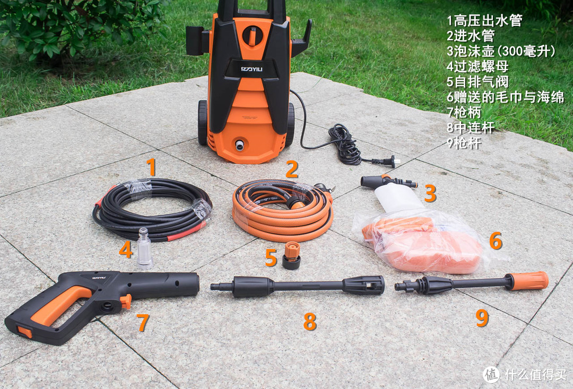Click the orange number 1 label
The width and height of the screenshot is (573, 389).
click(x=151, y=167)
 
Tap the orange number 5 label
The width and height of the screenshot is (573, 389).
click(x=271, y=257)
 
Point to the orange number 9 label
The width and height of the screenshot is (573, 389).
click(x=482, y=317)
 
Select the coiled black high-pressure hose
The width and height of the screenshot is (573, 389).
click(x=152, y=209)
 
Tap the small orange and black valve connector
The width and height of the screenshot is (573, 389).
click(x=292, y=255)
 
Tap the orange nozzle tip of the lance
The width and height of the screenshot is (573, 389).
click(x=529, y=280)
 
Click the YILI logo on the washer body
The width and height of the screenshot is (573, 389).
click(x=252, y=68)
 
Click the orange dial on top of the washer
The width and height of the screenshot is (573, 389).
click(x=251, y=36)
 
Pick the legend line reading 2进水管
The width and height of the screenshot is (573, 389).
click(x=471, y=36)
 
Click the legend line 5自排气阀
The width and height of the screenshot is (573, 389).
click(x=477, y=82)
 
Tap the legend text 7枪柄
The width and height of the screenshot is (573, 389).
click(x=464, y=112)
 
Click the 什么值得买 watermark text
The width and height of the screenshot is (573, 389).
click(x=536, y=374)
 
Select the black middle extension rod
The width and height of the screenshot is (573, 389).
click(x=298, y=285)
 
